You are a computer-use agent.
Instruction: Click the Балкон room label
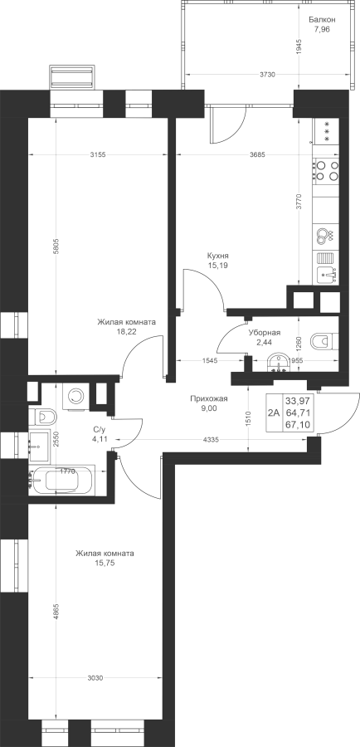tap(322, 20)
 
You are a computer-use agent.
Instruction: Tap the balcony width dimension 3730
tap(267, 75)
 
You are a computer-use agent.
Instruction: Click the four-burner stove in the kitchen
tap(327, 170)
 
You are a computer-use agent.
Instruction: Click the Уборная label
tap(265, 333)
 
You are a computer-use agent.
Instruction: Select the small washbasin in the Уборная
tap(279, 363)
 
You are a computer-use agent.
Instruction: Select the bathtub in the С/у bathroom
tap(62, 481)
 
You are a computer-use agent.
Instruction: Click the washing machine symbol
tap(75, 396)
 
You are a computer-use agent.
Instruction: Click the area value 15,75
tap(105, 563)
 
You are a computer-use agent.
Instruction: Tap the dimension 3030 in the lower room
tap(95, 678)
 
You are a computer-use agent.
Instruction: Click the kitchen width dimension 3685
tap(257, 154)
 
